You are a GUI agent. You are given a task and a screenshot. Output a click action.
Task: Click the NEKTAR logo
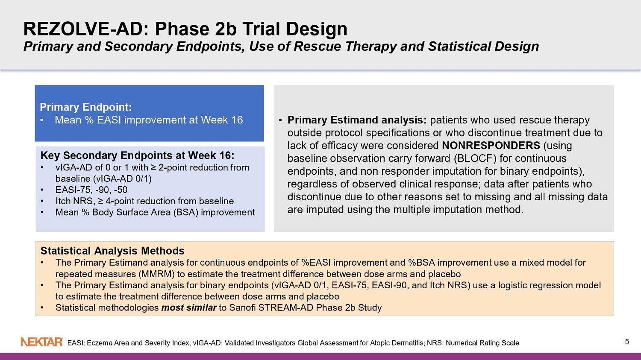(42, 342)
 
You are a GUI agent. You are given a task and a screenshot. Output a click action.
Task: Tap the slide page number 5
(627, 342)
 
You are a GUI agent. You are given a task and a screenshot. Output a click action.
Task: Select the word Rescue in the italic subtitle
(320, 46)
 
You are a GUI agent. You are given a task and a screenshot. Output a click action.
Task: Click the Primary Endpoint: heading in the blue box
(86, 107)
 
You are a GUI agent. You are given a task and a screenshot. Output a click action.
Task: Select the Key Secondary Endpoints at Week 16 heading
(137, 155)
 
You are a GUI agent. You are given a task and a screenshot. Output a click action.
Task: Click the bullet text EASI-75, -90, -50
(91, 190)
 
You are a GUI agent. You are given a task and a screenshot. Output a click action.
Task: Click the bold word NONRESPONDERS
(491, 146)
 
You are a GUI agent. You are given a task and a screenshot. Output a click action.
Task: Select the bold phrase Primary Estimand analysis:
(357, 120)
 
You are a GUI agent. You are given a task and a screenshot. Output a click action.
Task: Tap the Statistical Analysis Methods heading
(112, 251)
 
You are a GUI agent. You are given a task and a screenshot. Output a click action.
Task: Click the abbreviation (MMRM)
(156, 274)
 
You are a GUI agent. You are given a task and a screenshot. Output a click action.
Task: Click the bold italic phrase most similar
(189, 307)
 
